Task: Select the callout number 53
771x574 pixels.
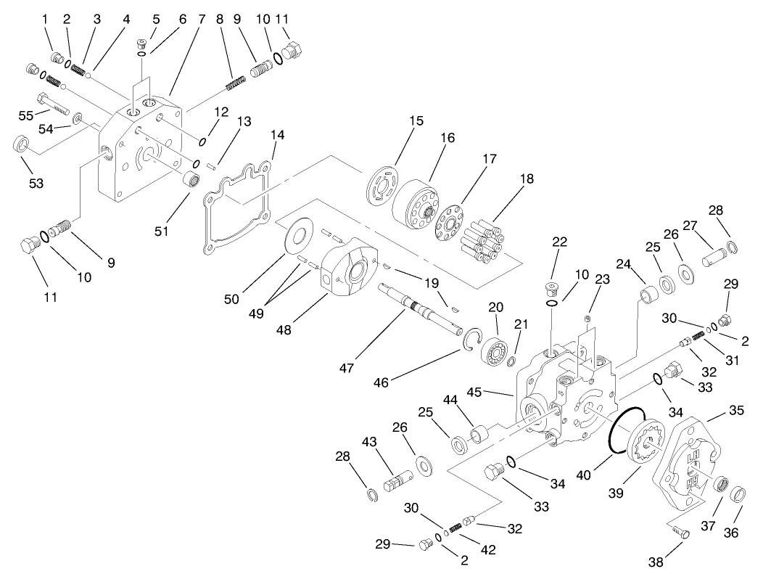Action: click(x=36, y=183)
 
